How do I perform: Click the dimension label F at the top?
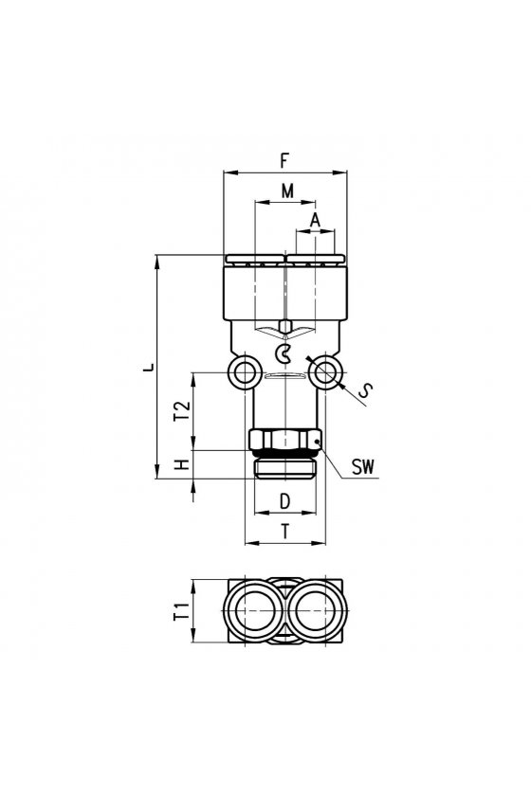click(284, 160)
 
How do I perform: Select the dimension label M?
click(287, 190)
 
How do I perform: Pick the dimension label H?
click(182, 464)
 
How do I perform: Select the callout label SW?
click(363, 467)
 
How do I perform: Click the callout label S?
click(365, 389)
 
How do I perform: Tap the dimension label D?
click(285, 501)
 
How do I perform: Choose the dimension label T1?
click(182, 610)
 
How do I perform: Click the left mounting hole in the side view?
click(245, 373)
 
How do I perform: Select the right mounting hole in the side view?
click(326, 373)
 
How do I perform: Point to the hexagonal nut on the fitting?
click(285, 440)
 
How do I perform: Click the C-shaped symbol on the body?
click(283, 353)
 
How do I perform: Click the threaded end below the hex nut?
click(285, 468)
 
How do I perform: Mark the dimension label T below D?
click(285, 532)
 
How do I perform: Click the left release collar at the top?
click(254, 260)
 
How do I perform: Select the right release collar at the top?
click(317, 260)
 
